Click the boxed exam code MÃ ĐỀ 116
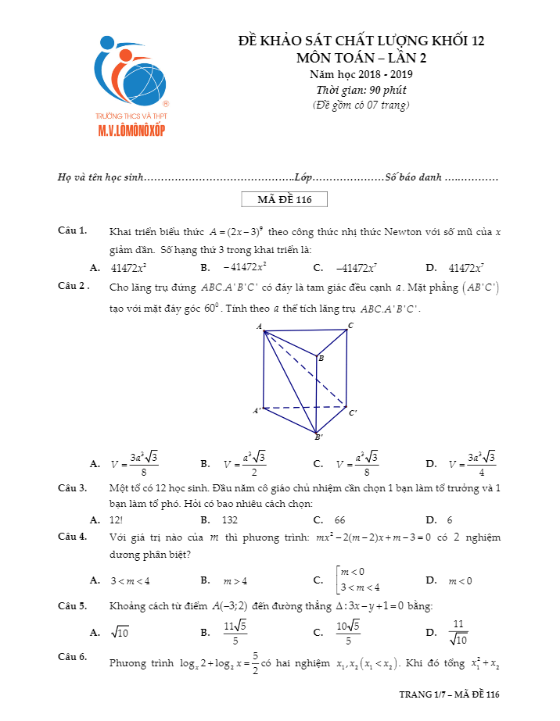(x=285, y=200)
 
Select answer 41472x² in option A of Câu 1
(x=130, y=268)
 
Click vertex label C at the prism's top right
(x=350, y=325)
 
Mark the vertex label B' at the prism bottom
(x=318, y=437)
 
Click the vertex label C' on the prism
(x=354, y=412)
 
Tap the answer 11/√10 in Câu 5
(x=459, y=632)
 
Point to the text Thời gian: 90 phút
(x=361, y=90)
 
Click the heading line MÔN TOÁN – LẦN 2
(x=361, y=57)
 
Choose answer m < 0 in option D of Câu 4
(x=460, y=580)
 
